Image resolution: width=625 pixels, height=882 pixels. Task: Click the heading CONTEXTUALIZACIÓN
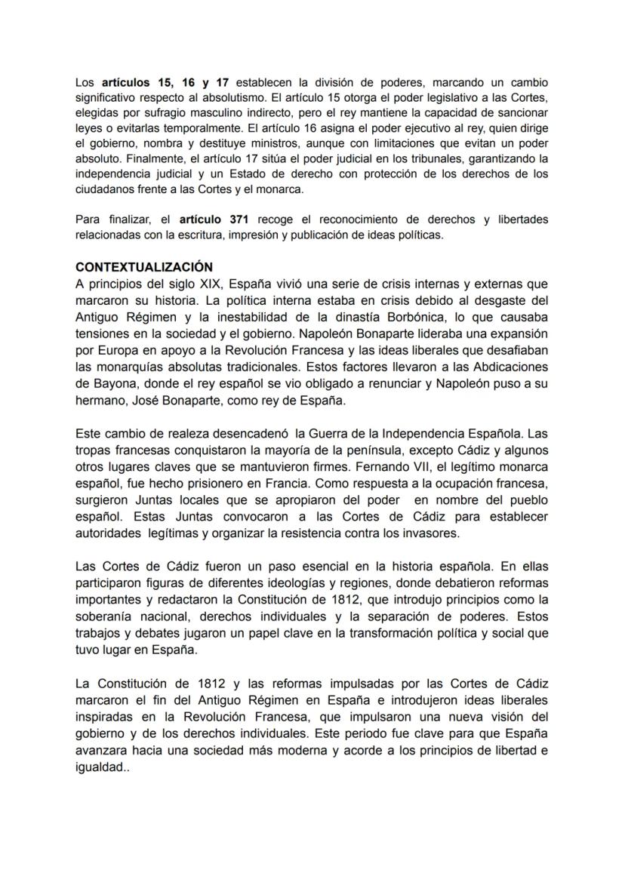pos(144,267)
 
